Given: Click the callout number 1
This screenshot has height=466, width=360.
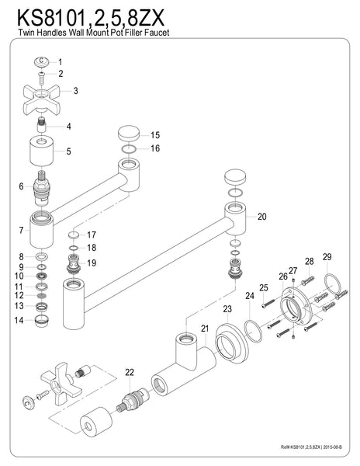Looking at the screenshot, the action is coord(61,62).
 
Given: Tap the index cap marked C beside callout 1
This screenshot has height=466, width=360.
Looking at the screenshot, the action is coord(41,62).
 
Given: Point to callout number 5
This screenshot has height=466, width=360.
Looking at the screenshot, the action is coord(68,151).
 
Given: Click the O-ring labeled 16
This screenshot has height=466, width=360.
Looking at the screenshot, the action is coord(129,149).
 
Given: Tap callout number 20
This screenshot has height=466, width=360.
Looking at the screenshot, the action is coord(261,217).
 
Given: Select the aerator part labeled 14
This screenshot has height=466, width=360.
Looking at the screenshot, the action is coord(42,321).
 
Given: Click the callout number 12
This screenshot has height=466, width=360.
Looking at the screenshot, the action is coord(19,295).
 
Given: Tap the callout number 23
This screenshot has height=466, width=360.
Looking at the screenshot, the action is coord(227,309).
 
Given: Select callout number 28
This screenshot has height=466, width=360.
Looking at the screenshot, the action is coord(310,261).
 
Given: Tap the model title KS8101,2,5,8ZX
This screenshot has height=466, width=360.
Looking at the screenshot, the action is coord(91,19).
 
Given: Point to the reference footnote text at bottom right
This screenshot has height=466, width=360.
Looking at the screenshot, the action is coord(311,447).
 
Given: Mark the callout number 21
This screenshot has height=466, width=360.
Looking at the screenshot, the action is coord(205,329).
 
